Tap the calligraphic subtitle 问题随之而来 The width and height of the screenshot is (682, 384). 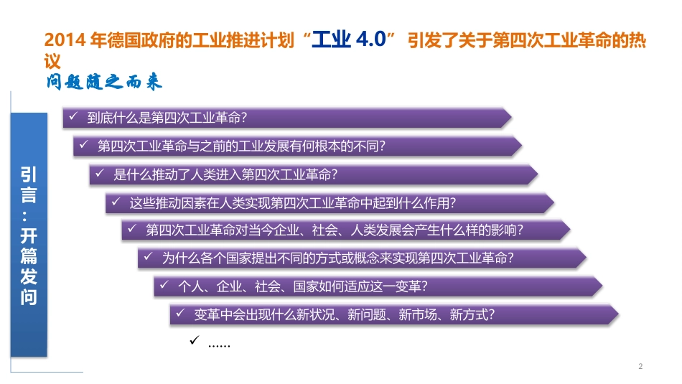(103, 82)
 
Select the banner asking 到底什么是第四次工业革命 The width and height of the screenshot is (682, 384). (287, 118)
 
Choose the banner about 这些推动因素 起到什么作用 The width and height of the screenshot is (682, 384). (330, 202)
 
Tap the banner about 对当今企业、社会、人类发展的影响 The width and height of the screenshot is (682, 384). (345, 230)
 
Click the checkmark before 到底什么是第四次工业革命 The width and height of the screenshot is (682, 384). (73, 116)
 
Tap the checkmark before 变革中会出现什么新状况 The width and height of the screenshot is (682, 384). (180, 313)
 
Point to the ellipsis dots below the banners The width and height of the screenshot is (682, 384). (218, 345)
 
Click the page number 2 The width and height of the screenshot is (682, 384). (640, 367)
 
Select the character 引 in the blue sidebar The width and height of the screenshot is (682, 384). (29, 174)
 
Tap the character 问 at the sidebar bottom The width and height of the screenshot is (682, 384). (29, 297)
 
